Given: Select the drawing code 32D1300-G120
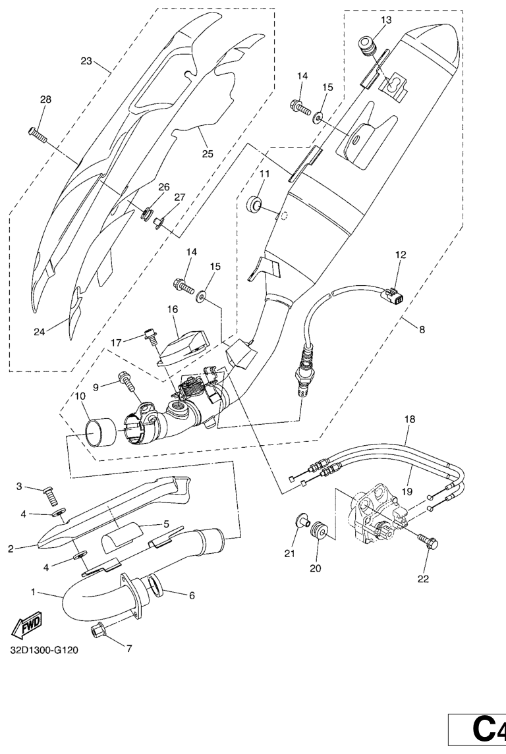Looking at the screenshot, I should coord(44,650).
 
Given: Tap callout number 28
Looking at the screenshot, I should coord(45,99).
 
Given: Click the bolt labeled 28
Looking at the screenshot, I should coord(37,134).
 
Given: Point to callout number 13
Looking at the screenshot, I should coord(386,20).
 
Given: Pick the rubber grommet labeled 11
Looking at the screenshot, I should coord(255,203).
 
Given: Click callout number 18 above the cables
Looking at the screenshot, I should coord(410,419).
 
